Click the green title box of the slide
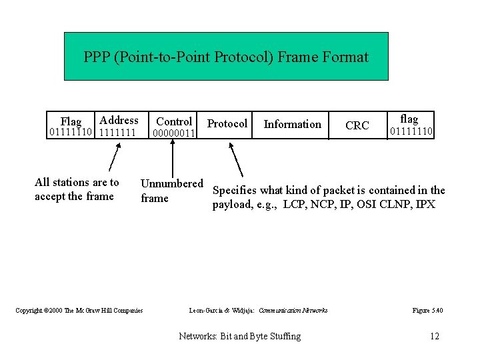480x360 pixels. (x=226, y=57)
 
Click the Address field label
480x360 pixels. (x=119, y=120)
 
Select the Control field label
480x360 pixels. (x=174, y=121)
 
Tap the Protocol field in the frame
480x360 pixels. (x=227, y=123)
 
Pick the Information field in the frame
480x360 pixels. (x=292, y=124)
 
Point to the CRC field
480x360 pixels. (x=357, y=125)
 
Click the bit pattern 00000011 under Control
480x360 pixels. (x=173, y=133)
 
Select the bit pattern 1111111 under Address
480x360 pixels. (x=117, y=133)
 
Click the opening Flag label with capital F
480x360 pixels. (x=71, y=121)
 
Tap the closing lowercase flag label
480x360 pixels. (x=409, y=119)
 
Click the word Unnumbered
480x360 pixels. (x=171, y=183)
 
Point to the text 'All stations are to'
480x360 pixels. (x=77, y=182)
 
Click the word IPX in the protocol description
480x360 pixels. (x=425, y=205)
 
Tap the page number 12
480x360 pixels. (x=435, y=336)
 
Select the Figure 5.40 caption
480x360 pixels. (x=427, y=311)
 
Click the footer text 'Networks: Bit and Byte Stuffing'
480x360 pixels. (x=240, y=336)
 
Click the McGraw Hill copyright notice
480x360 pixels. (x=79, y=311)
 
